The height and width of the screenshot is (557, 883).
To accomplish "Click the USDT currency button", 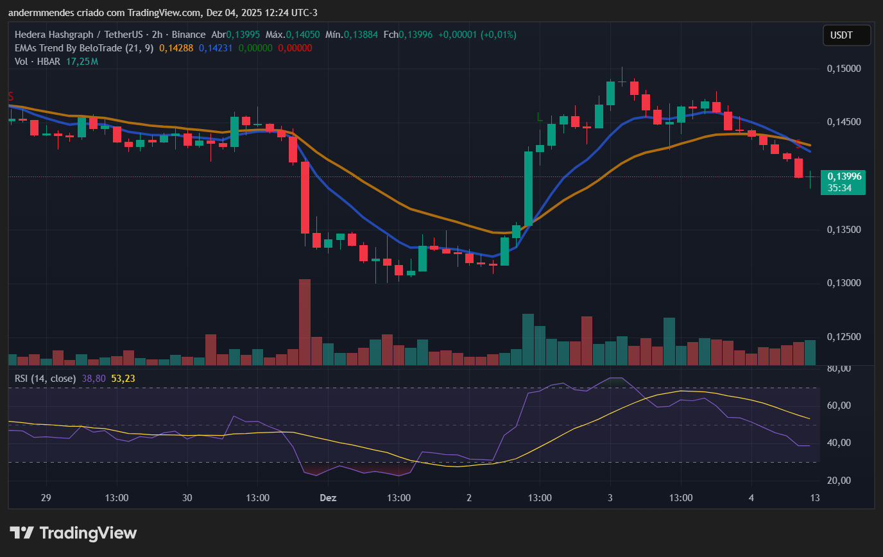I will (846, 35).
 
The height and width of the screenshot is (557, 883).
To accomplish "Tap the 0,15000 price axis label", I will (843, 69).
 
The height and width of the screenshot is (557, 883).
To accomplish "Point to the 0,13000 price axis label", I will (843, 283).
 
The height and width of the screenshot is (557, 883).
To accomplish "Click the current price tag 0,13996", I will (843, 176).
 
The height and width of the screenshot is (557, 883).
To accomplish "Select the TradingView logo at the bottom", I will (73, 533).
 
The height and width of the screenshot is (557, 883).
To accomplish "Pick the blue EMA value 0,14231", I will (216, 47).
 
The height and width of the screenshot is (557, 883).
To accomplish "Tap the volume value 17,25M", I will (82, 62).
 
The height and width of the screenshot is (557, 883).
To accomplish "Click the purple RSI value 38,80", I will (94, 379).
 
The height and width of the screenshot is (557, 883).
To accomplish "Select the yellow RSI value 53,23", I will (123, 379).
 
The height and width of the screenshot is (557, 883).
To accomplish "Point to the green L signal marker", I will (540, 117).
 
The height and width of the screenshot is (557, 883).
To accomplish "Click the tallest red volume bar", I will (305, 321).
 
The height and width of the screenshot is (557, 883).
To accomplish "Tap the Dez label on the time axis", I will (328, 498).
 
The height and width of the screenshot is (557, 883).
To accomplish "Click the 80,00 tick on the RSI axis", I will (837, 368).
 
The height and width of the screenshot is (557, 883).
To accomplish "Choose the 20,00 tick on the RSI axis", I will (837, 481).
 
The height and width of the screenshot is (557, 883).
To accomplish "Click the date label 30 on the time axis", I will (187, 498).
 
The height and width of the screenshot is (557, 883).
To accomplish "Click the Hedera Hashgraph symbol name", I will (55, 34).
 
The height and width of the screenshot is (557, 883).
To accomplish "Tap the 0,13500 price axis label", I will (843, 230).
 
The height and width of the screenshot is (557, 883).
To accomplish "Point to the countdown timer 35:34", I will (839, 188).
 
